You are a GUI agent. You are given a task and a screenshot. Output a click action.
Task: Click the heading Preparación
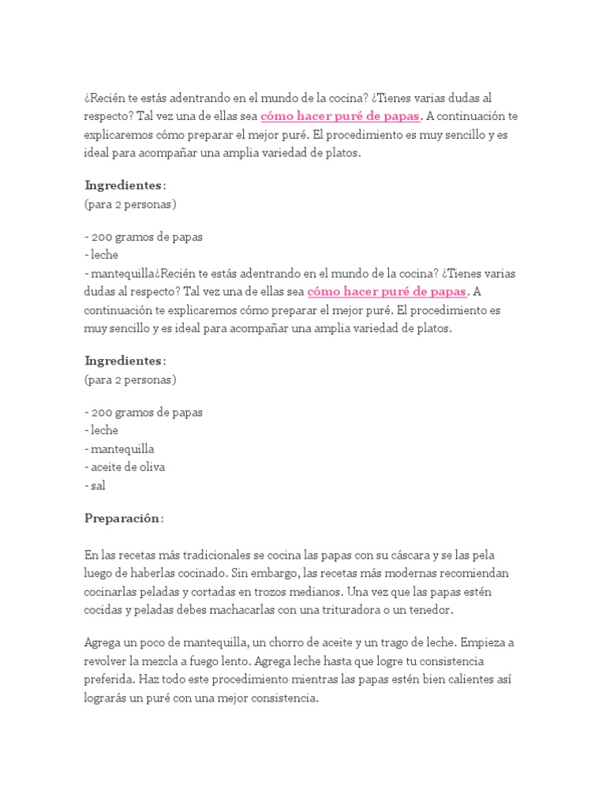pyautogui.click(x=123, y=518)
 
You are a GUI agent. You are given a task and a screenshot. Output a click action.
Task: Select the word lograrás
pyautogui.click(x=108, y=697)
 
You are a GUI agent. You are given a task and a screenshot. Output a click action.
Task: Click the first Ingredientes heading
pyautogui.click(x=125, y=185)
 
